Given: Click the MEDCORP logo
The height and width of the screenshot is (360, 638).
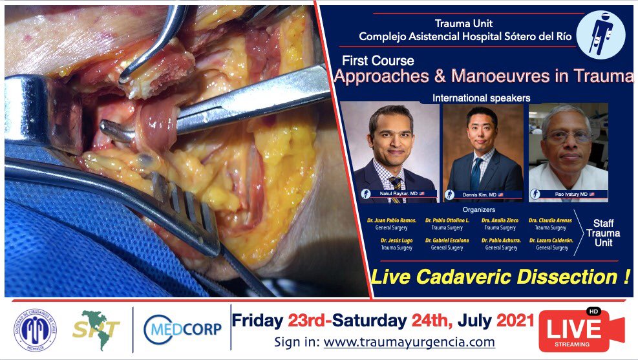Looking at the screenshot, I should (183, 329).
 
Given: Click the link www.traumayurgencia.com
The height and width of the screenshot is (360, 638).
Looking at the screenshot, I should (409, 343).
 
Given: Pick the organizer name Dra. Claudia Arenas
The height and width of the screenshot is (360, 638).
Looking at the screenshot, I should (549, 220).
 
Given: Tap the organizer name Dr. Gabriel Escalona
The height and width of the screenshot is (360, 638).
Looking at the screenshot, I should (447, 240).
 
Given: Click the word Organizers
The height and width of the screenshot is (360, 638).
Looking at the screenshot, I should (480, 209).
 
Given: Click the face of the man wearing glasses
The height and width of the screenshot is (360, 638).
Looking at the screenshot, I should (568, 137).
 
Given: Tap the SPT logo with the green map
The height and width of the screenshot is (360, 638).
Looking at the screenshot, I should (96, 330).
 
